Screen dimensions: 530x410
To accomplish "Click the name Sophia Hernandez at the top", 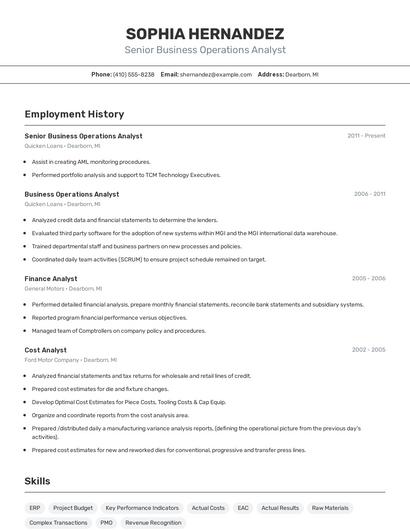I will [204, 33].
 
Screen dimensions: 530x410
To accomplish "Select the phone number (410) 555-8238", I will [133, 74].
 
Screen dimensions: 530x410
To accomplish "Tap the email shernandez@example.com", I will [215, 74].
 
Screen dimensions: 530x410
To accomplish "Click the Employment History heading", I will [74, 114].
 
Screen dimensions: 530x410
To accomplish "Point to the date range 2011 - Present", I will [366, 136].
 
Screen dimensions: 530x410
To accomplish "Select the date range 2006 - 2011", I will [369, 194].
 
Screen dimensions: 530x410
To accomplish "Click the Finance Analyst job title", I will [51, 279].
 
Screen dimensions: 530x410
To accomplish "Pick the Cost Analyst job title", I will [46, 350].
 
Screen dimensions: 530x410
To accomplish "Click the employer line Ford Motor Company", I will [70, 360].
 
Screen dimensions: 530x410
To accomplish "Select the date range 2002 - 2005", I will [368, 350].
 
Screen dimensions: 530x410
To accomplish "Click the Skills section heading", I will [37, 481].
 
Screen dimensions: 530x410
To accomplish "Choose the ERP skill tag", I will [35, 508].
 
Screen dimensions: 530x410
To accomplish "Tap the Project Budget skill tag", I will [73, 508].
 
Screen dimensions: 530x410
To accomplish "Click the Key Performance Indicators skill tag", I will [142, 508].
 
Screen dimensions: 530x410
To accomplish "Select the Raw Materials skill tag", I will [330, 508].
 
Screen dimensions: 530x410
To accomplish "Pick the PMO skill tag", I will [107, 523].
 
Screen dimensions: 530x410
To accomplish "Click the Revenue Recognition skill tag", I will [153, 523].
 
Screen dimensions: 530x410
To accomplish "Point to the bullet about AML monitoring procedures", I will [91, 161].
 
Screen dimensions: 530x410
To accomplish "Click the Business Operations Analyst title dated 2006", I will [72, 194].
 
